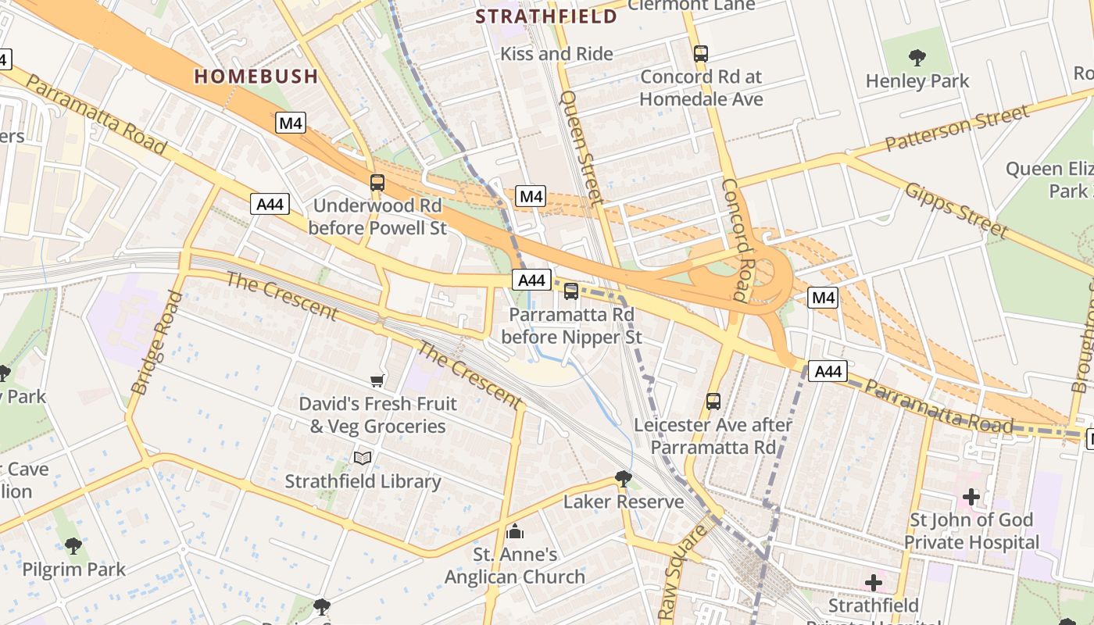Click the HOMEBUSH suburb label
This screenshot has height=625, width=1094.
click(256, 76)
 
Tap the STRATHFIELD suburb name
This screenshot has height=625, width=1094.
click(546, 16)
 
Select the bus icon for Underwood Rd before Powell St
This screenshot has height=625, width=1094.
click(377, 183)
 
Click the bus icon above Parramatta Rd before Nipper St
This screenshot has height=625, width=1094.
click(571, 291)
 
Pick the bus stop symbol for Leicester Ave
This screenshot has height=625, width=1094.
click(713, 402)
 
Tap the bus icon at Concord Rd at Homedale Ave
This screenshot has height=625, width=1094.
click(701, 54)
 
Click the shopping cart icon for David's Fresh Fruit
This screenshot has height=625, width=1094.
click(377, 380)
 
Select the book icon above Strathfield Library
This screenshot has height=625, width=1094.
click(363, 458)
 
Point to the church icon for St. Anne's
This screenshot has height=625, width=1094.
click(515, 531)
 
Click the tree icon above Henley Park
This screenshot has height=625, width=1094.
click(917, 57)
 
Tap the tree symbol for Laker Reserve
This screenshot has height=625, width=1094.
click(623, 478)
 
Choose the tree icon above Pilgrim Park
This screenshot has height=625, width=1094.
click(73, 545)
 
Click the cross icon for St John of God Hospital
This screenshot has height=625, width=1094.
click(971, 496)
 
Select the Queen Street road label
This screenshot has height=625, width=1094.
click(582, 148)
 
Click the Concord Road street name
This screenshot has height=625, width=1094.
click(735, 240)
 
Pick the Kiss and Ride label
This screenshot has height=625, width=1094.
click(556, 54)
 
